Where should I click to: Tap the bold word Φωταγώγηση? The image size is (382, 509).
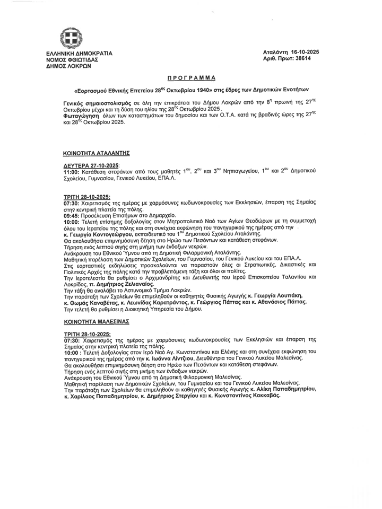tap(80, 116)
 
